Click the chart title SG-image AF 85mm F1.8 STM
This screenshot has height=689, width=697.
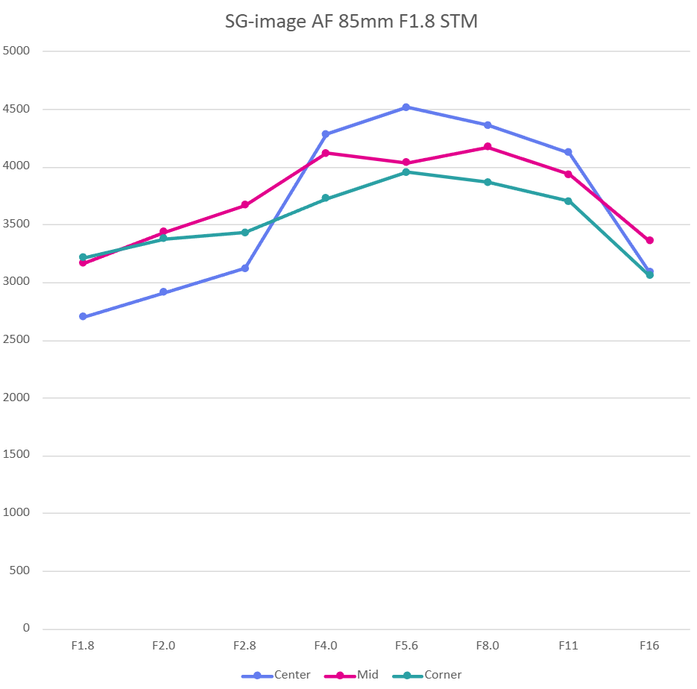pos(351,22)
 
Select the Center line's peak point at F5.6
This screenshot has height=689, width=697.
pos(406,107)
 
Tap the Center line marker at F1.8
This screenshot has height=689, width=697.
pos(83,317)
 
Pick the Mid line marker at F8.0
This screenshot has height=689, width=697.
pos(488,147)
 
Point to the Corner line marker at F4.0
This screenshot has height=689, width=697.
pos(326,198)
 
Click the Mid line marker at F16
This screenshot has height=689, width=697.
pos(649,240)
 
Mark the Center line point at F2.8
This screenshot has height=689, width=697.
pos(245,268)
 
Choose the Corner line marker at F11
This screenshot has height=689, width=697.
pos(568,201)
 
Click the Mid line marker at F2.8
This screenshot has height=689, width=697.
pos(245,205)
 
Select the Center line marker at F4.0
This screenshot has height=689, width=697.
pos(326,134)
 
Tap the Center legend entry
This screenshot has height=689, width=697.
pos(277,675)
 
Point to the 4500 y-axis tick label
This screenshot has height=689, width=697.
pos(16,110)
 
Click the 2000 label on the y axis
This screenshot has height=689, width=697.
pos(16,398)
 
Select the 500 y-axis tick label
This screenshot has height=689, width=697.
pos(19,571)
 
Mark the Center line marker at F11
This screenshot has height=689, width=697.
pos(568,152)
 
